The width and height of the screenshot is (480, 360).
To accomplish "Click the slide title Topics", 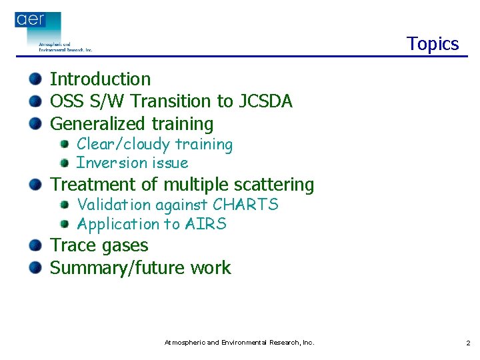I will (433, 44).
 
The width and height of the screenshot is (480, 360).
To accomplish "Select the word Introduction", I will (101, 79).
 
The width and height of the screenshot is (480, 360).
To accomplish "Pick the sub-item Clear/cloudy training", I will (155, 145).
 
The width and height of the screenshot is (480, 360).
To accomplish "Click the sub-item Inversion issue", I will (132, 163).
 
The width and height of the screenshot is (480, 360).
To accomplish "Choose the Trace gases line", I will (99, 246).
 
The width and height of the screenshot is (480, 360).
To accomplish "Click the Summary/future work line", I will (141, 268).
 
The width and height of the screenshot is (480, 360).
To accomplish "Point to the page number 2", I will (468, 343).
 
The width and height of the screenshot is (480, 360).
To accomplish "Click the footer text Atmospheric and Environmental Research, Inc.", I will (239, 343).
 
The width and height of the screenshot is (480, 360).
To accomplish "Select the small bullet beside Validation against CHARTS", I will (65, 205).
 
